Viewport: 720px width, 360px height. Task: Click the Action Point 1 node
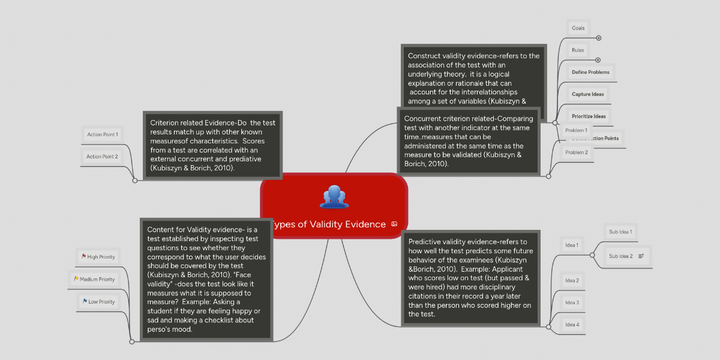102,134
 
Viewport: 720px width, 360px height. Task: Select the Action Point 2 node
102,157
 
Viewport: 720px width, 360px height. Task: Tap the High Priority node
98,257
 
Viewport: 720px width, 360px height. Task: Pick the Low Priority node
98,302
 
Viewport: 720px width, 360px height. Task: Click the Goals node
578,28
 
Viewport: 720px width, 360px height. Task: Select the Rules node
578,50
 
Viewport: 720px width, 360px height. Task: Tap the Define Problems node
590,72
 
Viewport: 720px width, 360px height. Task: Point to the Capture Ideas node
588,94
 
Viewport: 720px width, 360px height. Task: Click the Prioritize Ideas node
589,116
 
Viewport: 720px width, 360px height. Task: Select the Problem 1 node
576,130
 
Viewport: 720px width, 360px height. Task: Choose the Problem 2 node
576,152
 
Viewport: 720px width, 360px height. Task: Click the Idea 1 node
572,245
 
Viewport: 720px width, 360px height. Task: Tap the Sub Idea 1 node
620,232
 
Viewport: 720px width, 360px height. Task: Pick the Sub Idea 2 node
620,256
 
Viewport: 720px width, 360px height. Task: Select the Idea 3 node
572,302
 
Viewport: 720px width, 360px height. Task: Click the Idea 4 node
572,325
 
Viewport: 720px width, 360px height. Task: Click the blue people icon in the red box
334,197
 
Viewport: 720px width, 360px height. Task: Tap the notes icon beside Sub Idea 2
641,256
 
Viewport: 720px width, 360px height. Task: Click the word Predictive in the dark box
427,242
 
